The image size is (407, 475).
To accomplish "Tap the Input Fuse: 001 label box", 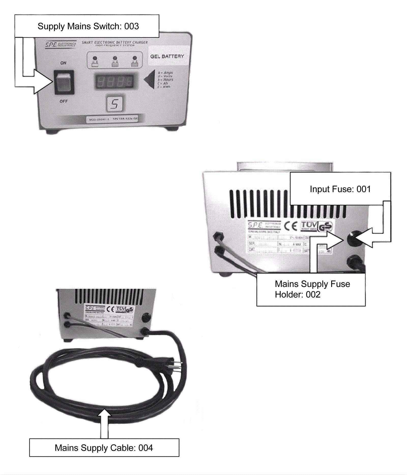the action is (340, 189).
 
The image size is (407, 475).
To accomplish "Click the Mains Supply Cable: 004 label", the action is (104, 448).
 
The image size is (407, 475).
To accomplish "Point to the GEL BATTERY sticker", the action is (167, 56).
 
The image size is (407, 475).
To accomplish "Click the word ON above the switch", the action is (63, 63).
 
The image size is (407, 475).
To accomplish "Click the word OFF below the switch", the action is (64, 101).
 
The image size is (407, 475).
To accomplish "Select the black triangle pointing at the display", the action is (150, 80).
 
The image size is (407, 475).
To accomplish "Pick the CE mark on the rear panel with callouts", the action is (290, 226).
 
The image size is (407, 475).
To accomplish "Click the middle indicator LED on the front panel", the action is (115, 58).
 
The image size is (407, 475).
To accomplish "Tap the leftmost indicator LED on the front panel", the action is (95, 58).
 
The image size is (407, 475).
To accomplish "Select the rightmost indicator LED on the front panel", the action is (135, 58).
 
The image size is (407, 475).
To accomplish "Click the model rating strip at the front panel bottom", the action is (112, 119).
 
